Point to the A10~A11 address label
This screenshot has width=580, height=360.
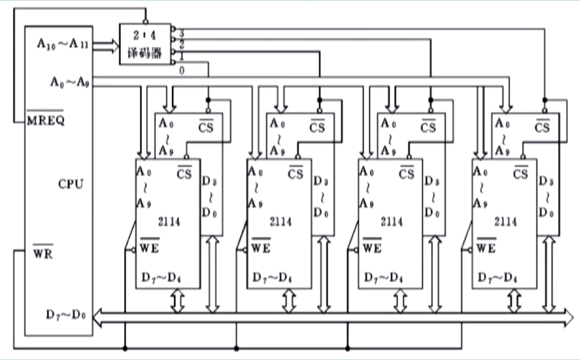(63, 44)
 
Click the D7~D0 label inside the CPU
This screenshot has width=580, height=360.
(66, 316)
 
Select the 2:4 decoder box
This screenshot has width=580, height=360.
(145, 44)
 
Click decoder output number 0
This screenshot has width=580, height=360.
(181, 70)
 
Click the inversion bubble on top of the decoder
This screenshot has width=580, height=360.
(145, 22)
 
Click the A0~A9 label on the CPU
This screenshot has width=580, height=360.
(70, 81)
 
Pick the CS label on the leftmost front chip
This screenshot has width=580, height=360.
(185, 174)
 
